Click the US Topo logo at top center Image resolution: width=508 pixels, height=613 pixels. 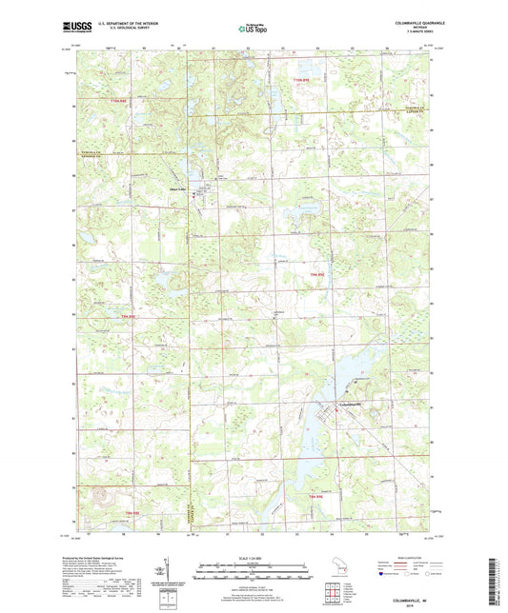[251, 29]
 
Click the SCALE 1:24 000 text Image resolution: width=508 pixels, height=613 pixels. [253, 558]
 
